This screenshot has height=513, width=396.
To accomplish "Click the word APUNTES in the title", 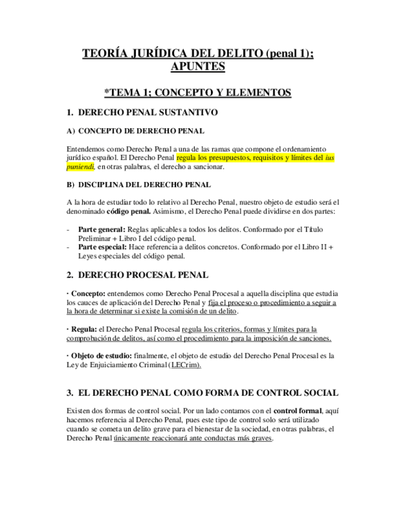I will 198,67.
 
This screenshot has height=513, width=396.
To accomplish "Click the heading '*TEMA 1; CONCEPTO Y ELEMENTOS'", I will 198,93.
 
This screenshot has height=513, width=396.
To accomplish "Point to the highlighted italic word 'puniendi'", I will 81,166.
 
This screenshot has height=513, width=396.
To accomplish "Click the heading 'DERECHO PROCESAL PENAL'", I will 144,275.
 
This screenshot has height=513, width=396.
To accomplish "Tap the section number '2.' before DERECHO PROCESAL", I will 71,275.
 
